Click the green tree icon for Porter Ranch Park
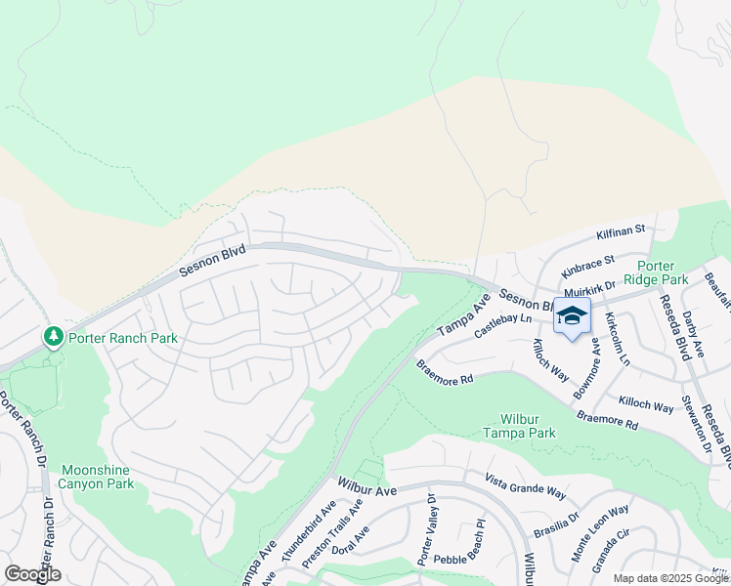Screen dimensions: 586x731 coord(53,338)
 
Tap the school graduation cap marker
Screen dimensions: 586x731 coord(573,316)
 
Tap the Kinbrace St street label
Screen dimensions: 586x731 coord(586,265)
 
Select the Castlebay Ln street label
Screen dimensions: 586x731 coord(503,326)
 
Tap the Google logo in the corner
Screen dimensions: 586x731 coord(32,574)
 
